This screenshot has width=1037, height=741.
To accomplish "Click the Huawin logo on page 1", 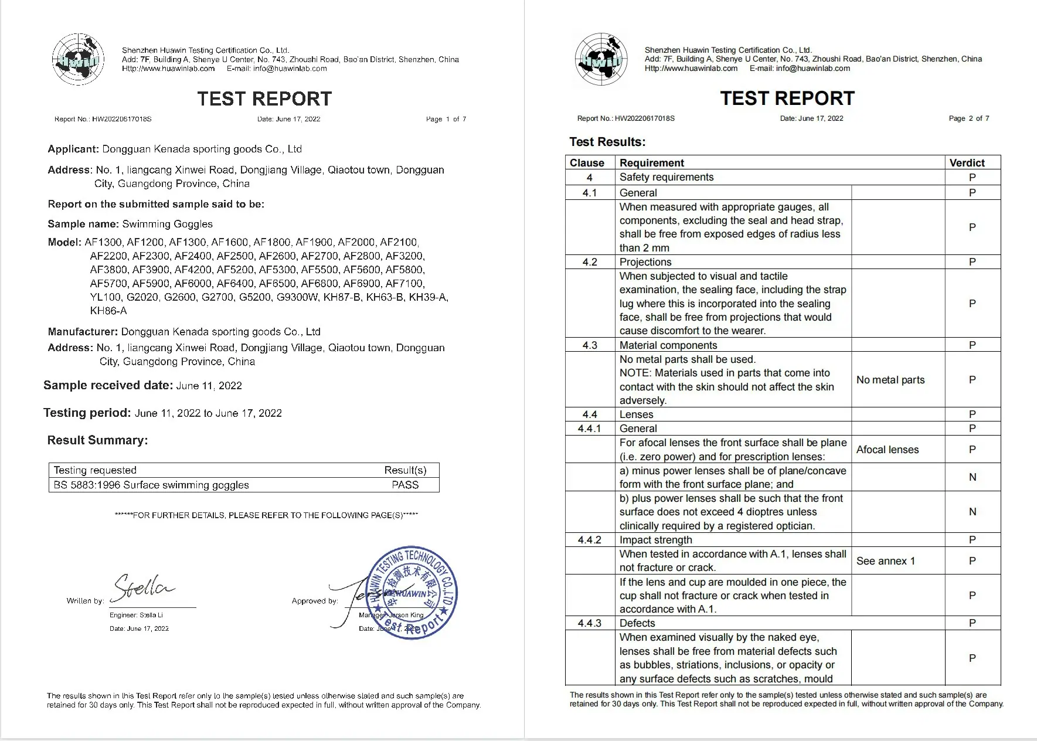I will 78,59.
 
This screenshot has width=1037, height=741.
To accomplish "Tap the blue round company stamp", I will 411,593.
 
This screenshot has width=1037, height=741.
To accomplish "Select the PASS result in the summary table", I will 405,485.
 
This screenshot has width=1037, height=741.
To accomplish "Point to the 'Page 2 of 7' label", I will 969,118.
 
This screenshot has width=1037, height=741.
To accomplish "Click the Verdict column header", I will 967,163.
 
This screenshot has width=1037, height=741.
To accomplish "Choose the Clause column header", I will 587,163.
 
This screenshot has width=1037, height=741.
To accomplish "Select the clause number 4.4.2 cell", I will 589,540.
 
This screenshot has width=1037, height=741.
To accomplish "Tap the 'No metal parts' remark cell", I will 890,380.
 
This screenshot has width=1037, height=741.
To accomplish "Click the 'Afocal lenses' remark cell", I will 888,450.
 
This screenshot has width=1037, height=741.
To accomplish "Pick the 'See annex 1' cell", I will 885,561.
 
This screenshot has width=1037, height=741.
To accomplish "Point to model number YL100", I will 106,297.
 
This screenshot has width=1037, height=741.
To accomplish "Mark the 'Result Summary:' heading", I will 97,440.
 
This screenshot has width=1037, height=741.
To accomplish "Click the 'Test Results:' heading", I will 607,142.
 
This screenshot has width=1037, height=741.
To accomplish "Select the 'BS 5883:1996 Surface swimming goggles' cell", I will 151,485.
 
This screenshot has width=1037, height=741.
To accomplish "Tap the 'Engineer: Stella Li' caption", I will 136,615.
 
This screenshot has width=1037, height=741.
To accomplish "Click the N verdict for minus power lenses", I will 972,477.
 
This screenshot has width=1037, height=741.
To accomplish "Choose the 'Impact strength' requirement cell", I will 655,540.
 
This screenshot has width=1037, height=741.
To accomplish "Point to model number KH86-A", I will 108,311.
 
